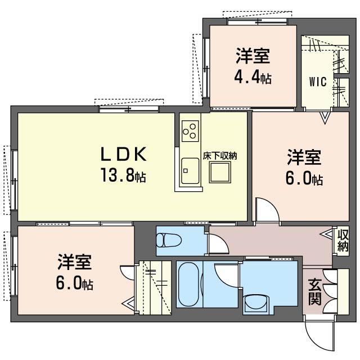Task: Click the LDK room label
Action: (x=124, y=154)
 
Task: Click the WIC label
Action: (x=318, y=82)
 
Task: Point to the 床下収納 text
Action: (x=220, y=156)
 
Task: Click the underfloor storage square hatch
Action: (x=220, y=172)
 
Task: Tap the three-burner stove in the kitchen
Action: (x=190, y=131)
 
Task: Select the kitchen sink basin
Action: (x=190, y=170)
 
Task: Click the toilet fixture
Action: (x=169, y=240)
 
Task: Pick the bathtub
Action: (x=188, y=285)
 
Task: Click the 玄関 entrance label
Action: (x=315, y=292)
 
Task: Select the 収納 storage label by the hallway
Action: (x=343, y=241)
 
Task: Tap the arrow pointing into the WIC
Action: (x=324, y=118)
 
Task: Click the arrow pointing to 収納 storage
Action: (x=326, y=235)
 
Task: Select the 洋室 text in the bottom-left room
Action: (x=75, y=262)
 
